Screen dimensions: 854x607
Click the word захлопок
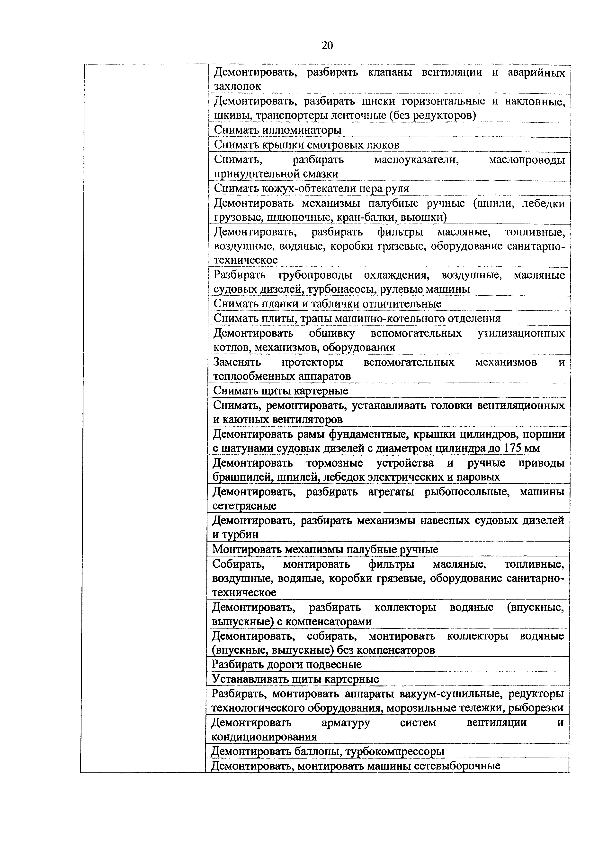coord(237,86)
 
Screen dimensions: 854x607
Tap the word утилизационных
coord(521,333)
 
